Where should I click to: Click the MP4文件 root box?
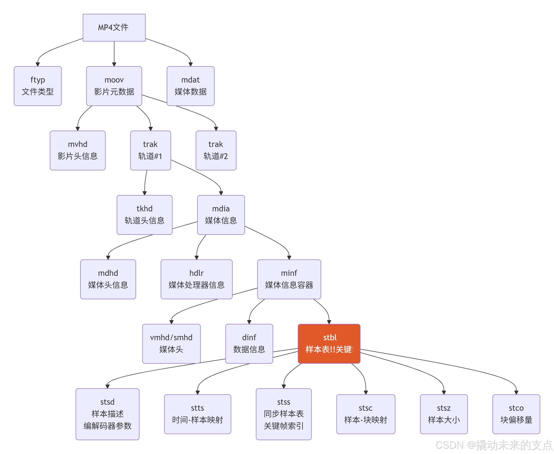tap(114, 27)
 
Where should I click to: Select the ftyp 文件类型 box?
tap(38, 86)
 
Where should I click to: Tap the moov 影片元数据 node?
tap(114, 86)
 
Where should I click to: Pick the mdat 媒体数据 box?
tap(190, 86)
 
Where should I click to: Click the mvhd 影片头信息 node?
tap(78, 150)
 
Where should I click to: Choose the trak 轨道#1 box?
tap(150, 150)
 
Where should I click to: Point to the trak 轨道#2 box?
tap(216, 150)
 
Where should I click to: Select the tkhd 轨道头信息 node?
tap(144, 215)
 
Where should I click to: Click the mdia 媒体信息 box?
tap(221, 215)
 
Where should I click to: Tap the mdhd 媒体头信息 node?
tap(108, 279)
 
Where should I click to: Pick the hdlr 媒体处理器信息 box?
tap(196, 279)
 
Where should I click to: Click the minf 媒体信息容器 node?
tap(289, 279)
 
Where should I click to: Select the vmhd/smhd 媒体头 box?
tap(171, 343)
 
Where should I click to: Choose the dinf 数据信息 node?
tap(249, 343)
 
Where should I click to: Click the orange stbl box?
tap(329, 343)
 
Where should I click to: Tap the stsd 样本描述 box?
tap(107, 414)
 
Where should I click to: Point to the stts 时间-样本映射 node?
tap(197, 414)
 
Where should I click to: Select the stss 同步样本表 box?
tap(283, 414)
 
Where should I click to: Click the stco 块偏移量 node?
tap(516, 414)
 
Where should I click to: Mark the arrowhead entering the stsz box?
tap(443, 392)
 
